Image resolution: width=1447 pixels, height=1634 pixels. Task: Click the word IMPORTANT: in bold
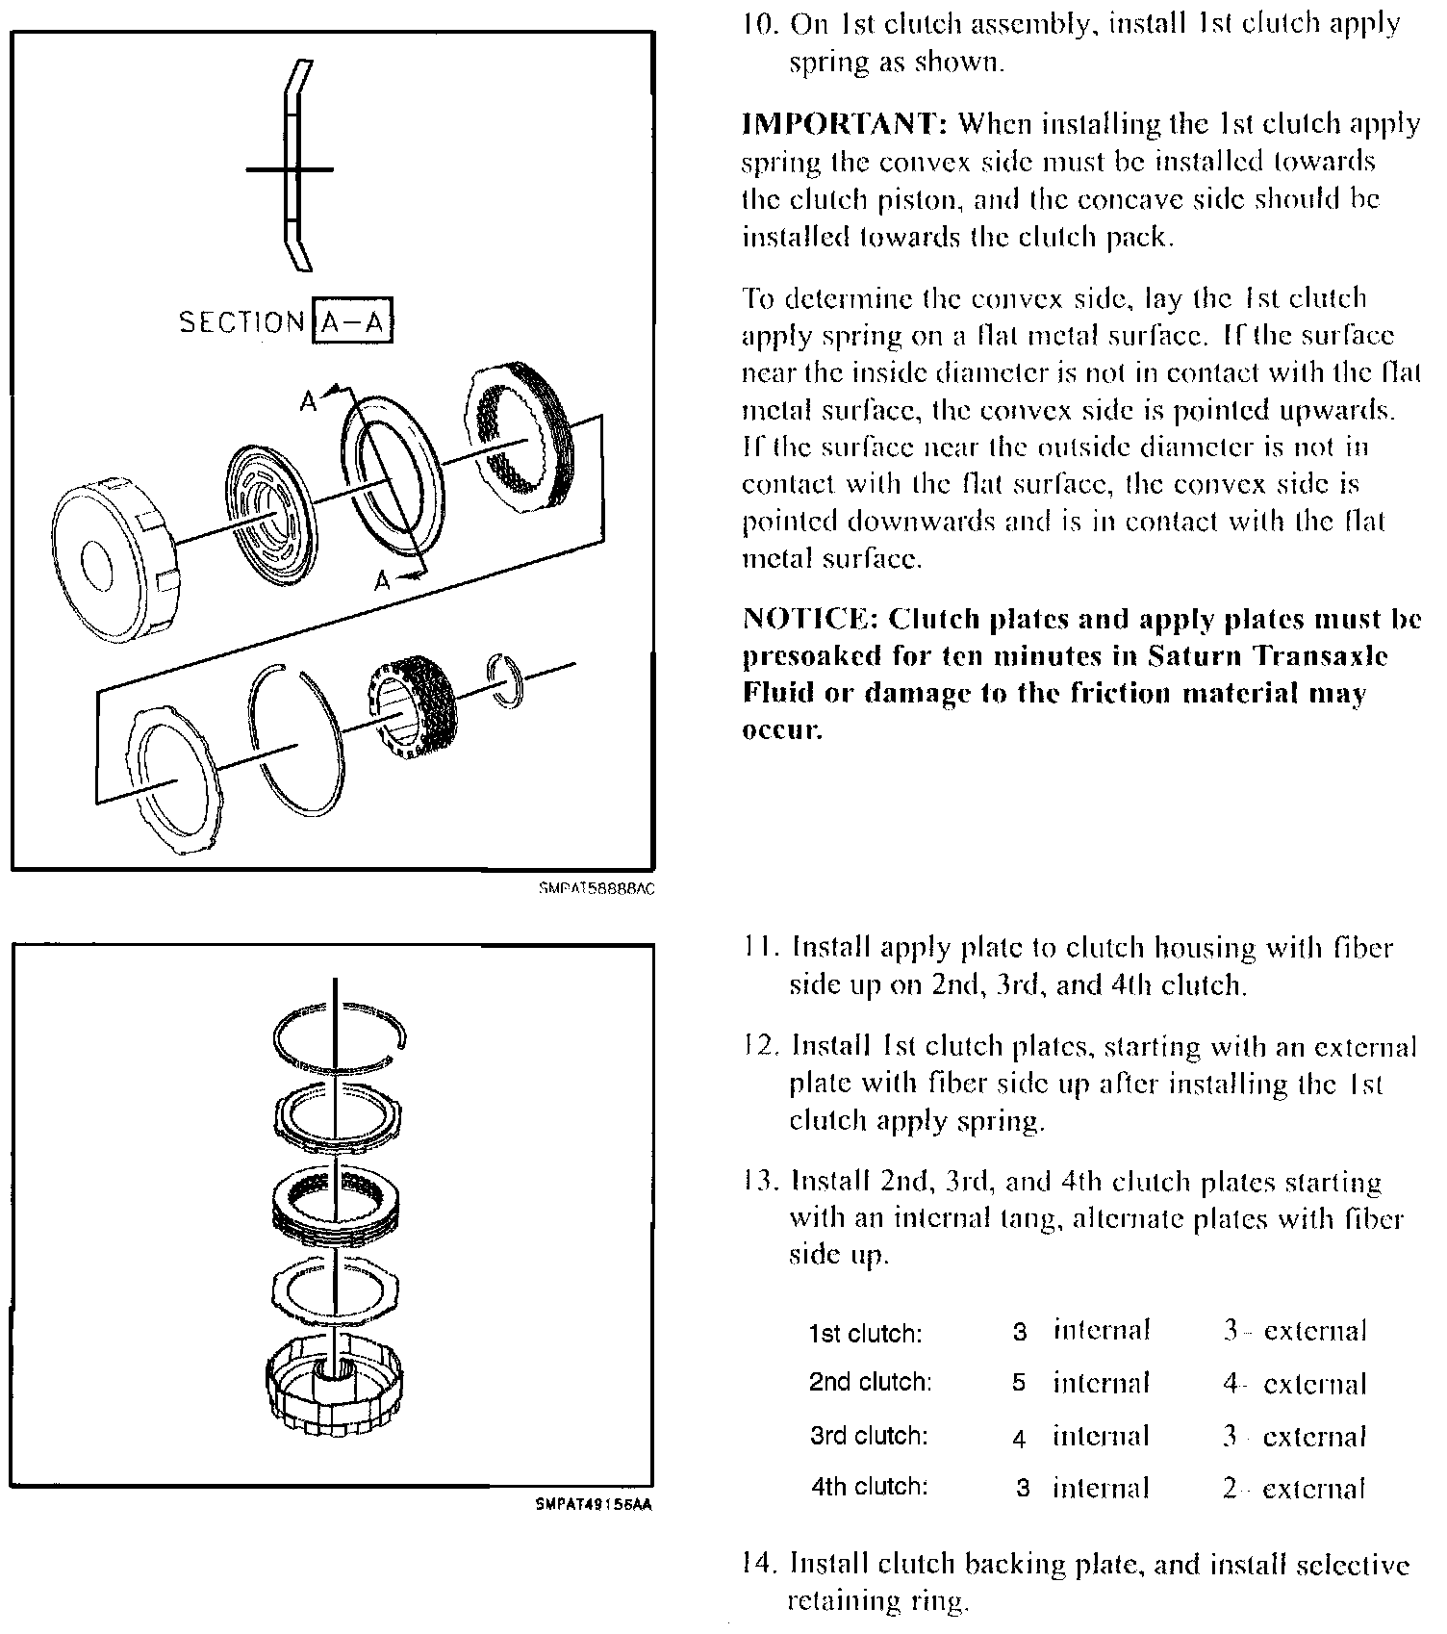point(845,124)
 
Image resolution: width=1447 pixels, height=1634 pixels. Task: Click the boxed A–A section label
point(353,322)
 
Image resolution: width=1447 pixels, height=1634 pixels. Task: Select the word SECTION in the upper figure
point(241,322)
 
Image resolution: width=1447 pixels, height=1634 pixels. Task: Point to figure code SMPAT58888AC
point(597,889)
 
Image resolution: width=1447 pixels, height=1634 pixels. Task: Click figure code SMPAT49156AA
point(594,1507)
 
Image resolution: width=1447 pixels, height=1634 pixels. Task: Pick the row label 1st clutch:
point(865,1334)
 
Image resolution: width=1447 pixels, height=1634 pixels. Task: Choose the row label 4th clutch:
point(869,1486)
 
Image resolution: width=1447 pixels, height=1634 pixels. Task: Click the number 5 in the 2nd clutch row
point(1019,1384)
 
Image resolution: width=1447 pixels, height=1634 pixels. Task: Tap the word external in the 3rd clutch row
point(1314,1437)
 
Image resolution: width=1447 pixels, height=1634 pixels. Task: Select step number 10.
point(760,24)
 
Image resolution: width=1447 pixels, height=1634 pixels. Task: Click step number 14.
point(760,1565)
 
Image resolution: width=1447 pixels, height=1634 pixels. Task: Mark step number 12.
point(760,1046)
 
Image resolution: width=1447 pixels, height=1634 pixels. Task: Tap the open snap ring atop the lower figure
point(339,1037)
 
